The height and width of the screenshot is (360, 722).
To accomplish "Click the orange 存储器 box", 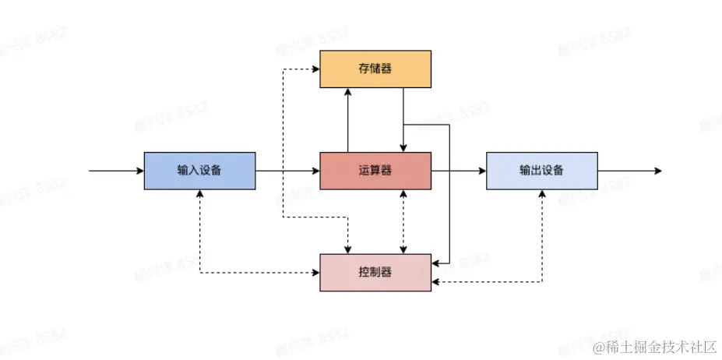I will [375, 69].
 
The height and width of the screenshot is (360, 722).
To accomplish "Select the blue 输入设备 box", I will [199, 171].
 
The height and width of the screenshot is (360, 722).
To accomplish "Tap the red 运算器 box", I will [375, 171].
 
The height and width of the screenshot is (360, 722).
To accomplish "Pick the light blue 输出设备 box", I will [542, 171].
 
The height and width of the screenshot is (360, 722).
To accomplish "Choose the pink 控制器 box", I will [375, 272].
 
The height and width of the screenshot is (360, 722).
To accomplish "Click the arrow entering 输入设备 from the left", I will [117, 171].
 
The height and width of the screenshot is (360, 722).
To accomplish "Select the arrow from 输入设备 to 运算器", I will [287, 171].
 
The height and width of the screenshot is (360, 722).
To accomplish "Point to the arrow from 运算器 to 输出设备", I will [459, 171].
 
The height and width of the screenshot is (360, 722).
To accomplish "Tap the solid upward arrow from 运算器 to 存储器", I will [347, 121].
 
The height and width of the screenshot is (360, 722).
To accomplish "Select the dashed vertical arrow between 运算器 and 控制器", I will [403, 221].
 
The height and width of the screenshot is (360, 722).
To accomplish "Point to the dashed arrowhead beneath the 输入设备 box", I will [199, 194].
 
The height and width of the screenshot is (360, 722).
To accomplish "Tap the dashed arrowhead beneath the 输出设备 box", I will [542, 194].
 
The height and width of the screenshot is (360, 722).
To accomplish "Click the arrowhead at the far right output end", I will [658, 171].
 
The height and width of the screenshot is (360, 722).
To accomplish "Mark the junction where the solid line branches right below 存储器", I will [403, 125].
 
